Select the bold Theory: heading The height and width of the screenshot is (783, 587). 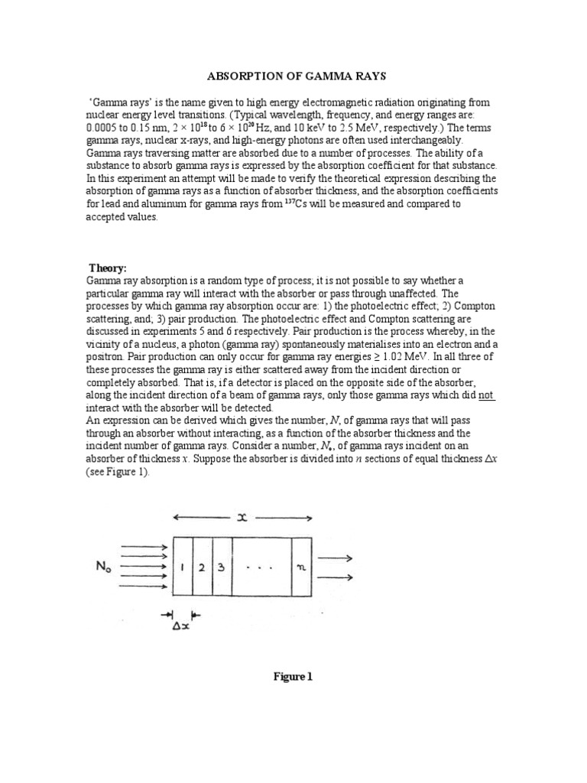108,268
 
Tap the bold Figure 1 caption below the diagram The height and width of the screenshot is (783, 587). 293,677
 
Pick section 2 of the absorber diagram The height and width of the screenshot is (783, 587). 202,567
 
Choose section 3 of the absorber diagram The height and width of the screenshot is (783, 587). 221,567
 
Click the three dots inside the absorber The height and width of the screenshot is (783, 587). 261,567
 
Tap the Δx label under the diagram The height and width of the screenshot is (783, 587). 181,626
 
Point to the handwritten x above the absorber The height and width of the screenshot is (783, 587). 243,518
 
